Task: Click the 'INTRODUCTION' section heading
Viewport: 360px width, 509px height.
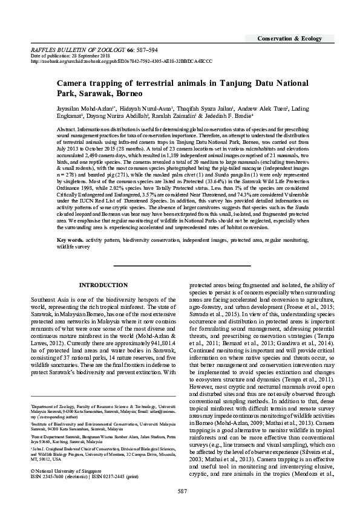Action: [x=99, y=285]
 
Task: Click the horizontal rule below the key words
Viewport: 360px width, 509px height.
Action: [x=179, y=265]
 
